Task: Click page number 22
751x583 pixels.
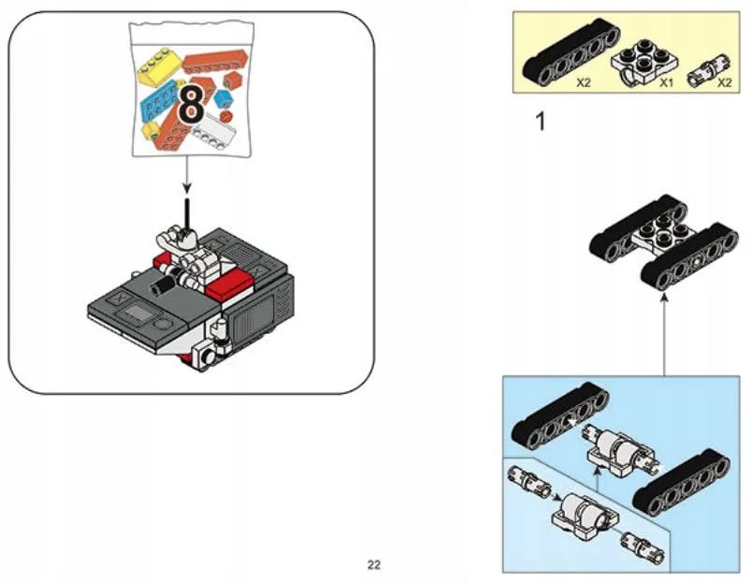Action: (373, 564)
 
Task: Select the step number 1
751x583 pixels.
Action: (538, 122)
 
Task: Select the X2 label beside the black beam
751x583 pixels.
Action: (583, 82)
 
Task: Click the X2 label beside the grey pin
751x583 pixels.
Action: (723, 82)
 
